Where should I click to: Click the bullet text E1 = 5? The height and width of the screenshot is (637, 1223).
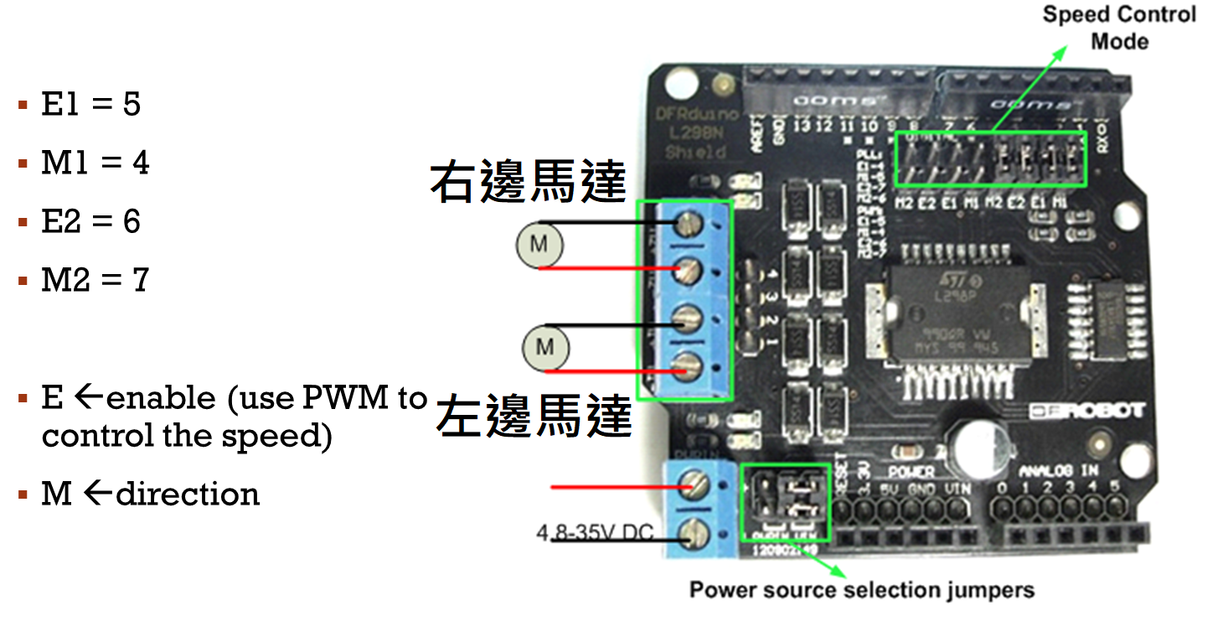pyautogui.click(x=90, y=105)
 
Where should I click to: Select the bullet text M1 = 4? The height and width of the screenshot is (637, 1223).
pyautogui.click(x=95, y=163)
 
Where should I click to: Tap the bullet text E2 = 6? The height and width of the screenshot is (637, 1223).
pyautogui.click(x=90, y=221)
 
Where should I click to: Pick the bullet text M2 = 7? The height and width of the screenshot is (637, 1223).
pyautogui.click(x=95, y=280)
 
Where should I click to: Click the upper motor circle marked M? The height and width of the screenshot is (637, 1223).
pyautogui.click(x=539, y=245)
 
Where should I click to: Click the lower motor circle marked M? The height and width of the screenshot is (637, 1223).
pyautogui.click(x=545, y=347)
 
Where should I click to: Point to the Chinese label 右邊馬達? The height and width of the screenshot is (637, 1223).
pyautogui.click(x=528, y=182)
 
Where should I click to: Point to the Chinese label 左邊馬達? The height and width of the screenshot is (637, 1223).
pyautogui.click(x=533, y=417)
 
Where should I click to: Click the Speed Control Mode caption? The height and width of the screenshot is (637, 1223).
pyautogui.click(x=1119, y=28)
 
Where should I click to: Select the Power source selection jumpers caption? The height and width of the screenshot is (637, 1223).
pyautogui.click(x=861, y=590)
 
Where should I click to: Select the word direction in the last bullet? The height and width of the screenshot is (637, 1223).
pyautogui.click(x=188, y=494)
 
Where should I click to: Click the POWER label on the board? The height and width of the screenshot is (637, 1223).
pyautogui.click(x=911, y=472)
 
